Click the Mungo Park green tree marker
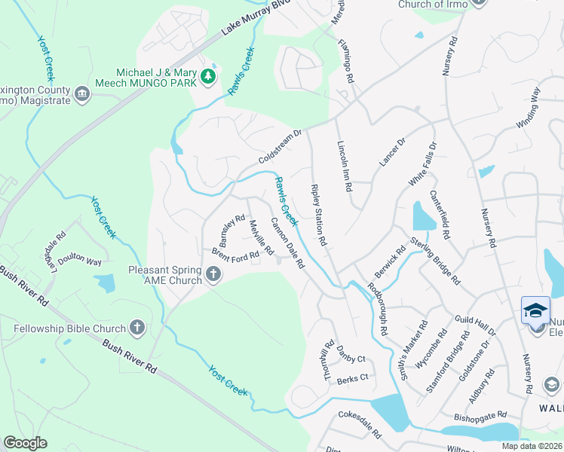(x=207, y=75)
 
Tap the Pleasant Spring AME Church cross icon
(x=213, y=275)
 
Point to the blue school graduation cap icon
(x=535, y=310)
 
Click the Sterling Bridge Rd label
(x=435, y=261)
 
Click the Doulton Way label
(x=80, y=261)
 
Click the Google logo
(x=25, y=443)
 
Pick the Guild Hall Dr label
(x=475, y=325)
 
